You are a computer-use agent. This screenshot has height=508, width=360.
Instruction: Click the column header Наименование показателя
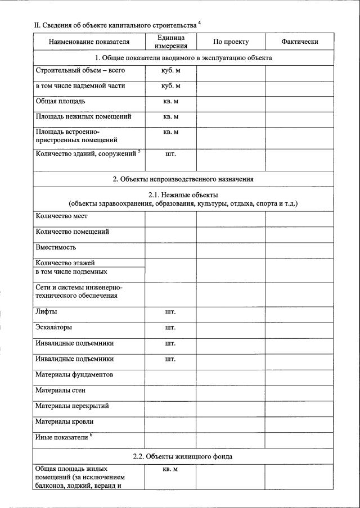point(89,42)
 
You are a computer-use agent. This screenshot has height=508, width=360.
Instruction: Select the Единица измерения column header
point(170,42)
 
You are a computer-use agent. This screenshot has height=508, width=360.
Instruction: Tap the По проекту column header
point(231,42)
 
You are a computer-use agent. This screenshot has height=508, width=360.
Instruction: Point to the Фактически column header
point(300,42)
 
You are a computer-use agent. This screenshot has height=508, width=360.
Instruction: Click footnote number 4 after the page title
point(199,23)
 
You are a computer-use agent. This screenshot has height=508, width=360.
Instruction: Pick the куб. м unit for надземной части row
point(170,87)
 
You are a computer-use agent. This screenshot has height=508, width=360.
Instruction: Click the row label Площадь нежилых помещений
point(83,117)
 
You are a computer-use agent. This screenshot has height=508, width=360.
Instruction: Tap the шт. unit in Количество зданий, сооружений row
point(170,153)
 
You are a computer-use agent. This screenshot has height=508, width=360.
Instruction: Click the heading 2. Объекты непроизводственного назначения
point(183,179)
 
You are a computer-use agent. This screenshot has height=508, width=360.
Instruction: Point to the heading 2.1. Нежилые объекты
point(183,194)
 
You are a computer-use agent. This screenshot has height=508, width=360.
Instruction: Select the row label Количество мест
point(61,216)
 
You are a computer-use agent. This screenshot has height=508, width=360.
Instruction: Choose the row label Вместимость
point(56,247)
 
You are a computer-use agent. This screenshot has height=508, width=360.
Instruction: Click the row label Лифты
point(46,311)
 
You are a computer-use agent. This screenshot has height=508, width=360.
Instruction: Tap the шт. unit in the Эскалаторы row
point(170,327)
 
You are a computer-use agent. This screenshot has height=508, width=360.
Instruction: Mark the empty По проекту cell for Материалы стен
point(231,391)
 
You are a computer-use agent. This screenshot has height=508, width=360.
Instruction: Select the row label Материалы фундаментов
point(74,374)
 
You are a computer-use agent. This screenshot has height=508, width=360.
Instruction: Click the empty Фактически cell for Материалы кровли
point(300,421)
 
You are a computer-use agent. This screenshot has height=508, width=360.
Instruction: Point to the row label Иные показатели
point(62,437)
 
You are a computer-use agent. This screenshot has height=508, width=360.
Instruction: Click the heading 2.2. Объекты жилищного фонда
point(183,456)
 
